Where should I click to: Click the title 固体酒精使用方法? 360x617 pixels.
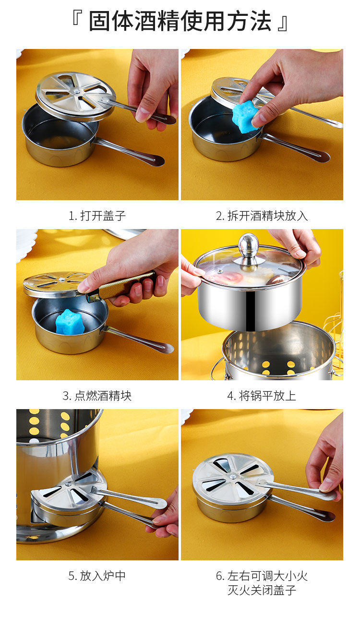coord(180,21)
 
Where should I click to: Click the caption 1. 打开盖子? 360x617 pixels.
coord(97,216)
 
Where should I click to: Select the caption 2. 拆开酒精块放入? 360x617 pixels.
coord(262,216)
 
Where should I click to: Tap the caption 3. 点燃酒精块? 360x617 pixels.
coord(97,396)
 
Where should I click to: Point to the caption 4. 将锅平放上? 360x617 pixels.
coord(262,396)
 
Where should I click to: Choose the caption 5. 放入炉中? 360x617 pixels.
coord(97,576)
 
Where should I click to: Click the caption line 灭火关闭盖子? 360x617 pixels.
coord(262,590)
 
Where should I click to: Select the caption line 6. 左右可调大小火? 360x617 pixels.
coord(262,576)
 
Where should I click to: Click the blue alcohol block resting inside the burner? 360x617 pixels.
coord(69,322)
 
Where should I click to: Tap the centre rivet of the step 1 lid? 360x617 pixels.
coord(76,91)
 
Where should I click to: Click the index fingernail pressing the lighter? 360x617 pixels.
coord(83,288)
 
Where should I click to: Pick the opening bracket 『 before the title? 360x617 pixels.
coord(77,18)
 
